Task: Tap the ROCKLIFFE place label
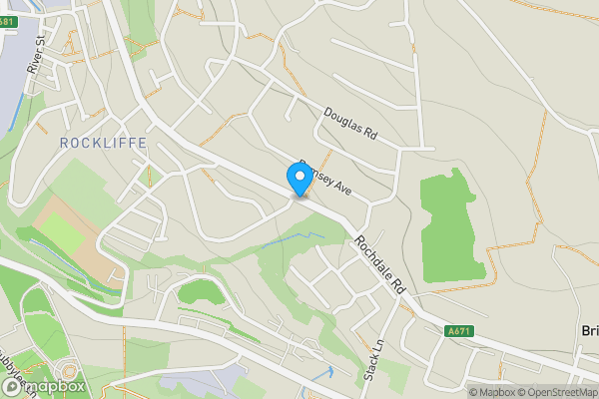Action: pyautogui.click(x=103, y=143)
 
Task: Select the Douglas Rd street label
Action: pyautogui.click(x=349, y=124)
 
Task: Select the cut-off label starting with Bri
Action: pyautogui.click(x=589, y=331)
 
